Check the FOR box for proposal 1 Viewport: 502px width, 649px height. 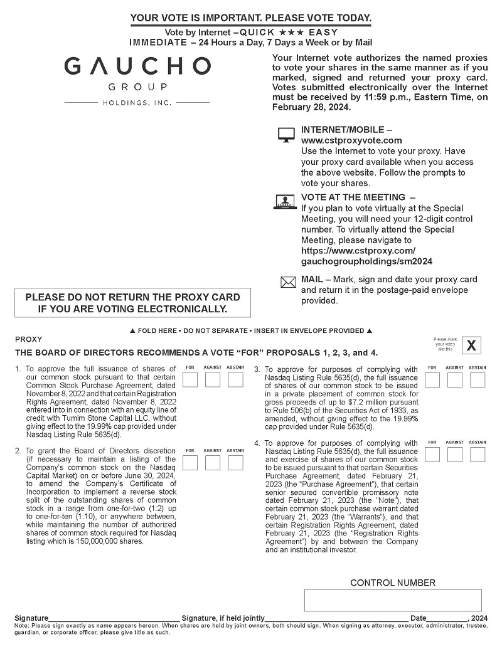(x=190, y=379)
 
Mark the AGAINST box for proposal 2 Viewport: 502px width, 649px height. (x=213, y=463)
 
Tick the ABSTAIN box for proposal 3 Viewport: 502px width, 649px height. (x=478, y=379)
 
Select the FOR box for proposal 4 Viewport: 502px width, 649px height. (x=432, y=455)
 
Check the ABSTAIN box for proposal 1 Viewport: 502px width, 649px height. (x=235, y=379)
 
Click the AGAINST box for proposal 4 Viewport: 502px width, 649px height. (x=455, y=455)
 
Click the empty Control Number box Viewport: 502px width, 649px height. (x=393, y=600)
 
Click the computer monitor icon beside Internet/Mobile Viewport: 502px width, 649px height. (x=286, y=135)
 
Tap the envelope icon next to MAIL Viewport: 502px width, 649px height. (x=287, y=283)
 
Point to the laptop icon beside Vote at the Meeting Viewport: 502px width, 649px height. (x=286, y=201)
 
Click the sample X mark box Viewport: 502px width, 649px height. (x=472, y=345)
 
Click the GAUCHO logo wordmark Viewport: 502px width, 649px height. (x=137, y=66)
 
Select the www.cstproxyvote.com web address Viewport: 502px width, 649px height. (x=351, y=140)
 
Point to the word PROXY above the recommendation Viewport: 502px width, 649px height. (x=28, y=339)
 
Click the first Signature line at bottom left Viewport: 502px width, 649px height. (x=113, y=617)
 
